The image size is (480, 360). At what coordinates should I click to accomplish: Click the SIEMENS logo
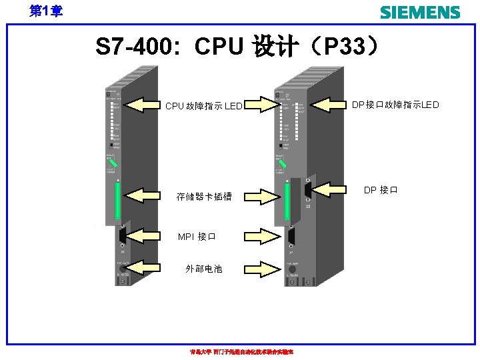[x=419, y=12]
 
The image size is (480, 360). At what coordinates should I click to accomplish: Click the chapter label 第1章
[x=46, y=11]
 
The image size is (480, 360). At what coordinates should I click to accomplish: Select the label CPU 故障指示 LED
[x=203, y=106]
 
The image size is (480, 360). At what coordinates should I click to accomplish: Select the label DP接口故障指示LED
[x=395, y=104]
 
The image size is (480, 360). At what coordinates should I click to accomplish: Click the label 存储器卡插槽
[x=203, y=197]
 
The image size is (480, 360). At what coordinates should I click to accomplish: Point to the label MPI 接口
[x=197, y=237]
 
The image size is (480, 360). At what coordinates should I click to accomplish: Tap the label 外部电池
[x=203, y=269]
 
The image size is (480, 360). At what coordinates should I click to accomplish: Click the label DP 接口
[x=381, y=190]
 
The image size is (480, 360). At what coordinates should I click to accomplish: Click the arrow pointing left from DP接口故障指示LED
[x=331, y=104]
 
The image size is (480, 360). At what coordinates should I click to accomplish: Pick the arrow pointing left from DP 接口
[x=331, y=190]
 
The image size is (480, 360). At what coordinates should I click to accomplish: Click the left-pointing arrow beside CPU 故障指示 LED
[x=145, y=105]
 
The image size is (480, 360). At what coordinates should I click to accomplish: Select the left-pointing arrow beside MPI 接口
[x=145, y=235]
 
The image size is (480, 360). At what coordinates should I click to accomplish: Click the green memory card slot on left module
[x=117, y=202]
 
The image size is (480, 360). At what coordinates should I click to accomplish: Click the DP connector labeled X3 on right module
[x=307, y=191]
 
